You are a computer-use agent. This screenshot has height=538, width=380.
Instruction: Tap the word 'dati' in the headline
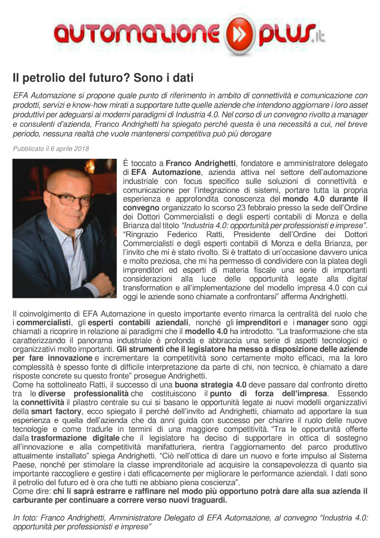pyautogui.click(x=183, y=77)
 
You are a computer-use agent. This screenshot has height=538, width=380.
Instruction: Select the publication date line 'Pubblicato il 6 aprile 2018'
pyautogui.click(x=51, y=149)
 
